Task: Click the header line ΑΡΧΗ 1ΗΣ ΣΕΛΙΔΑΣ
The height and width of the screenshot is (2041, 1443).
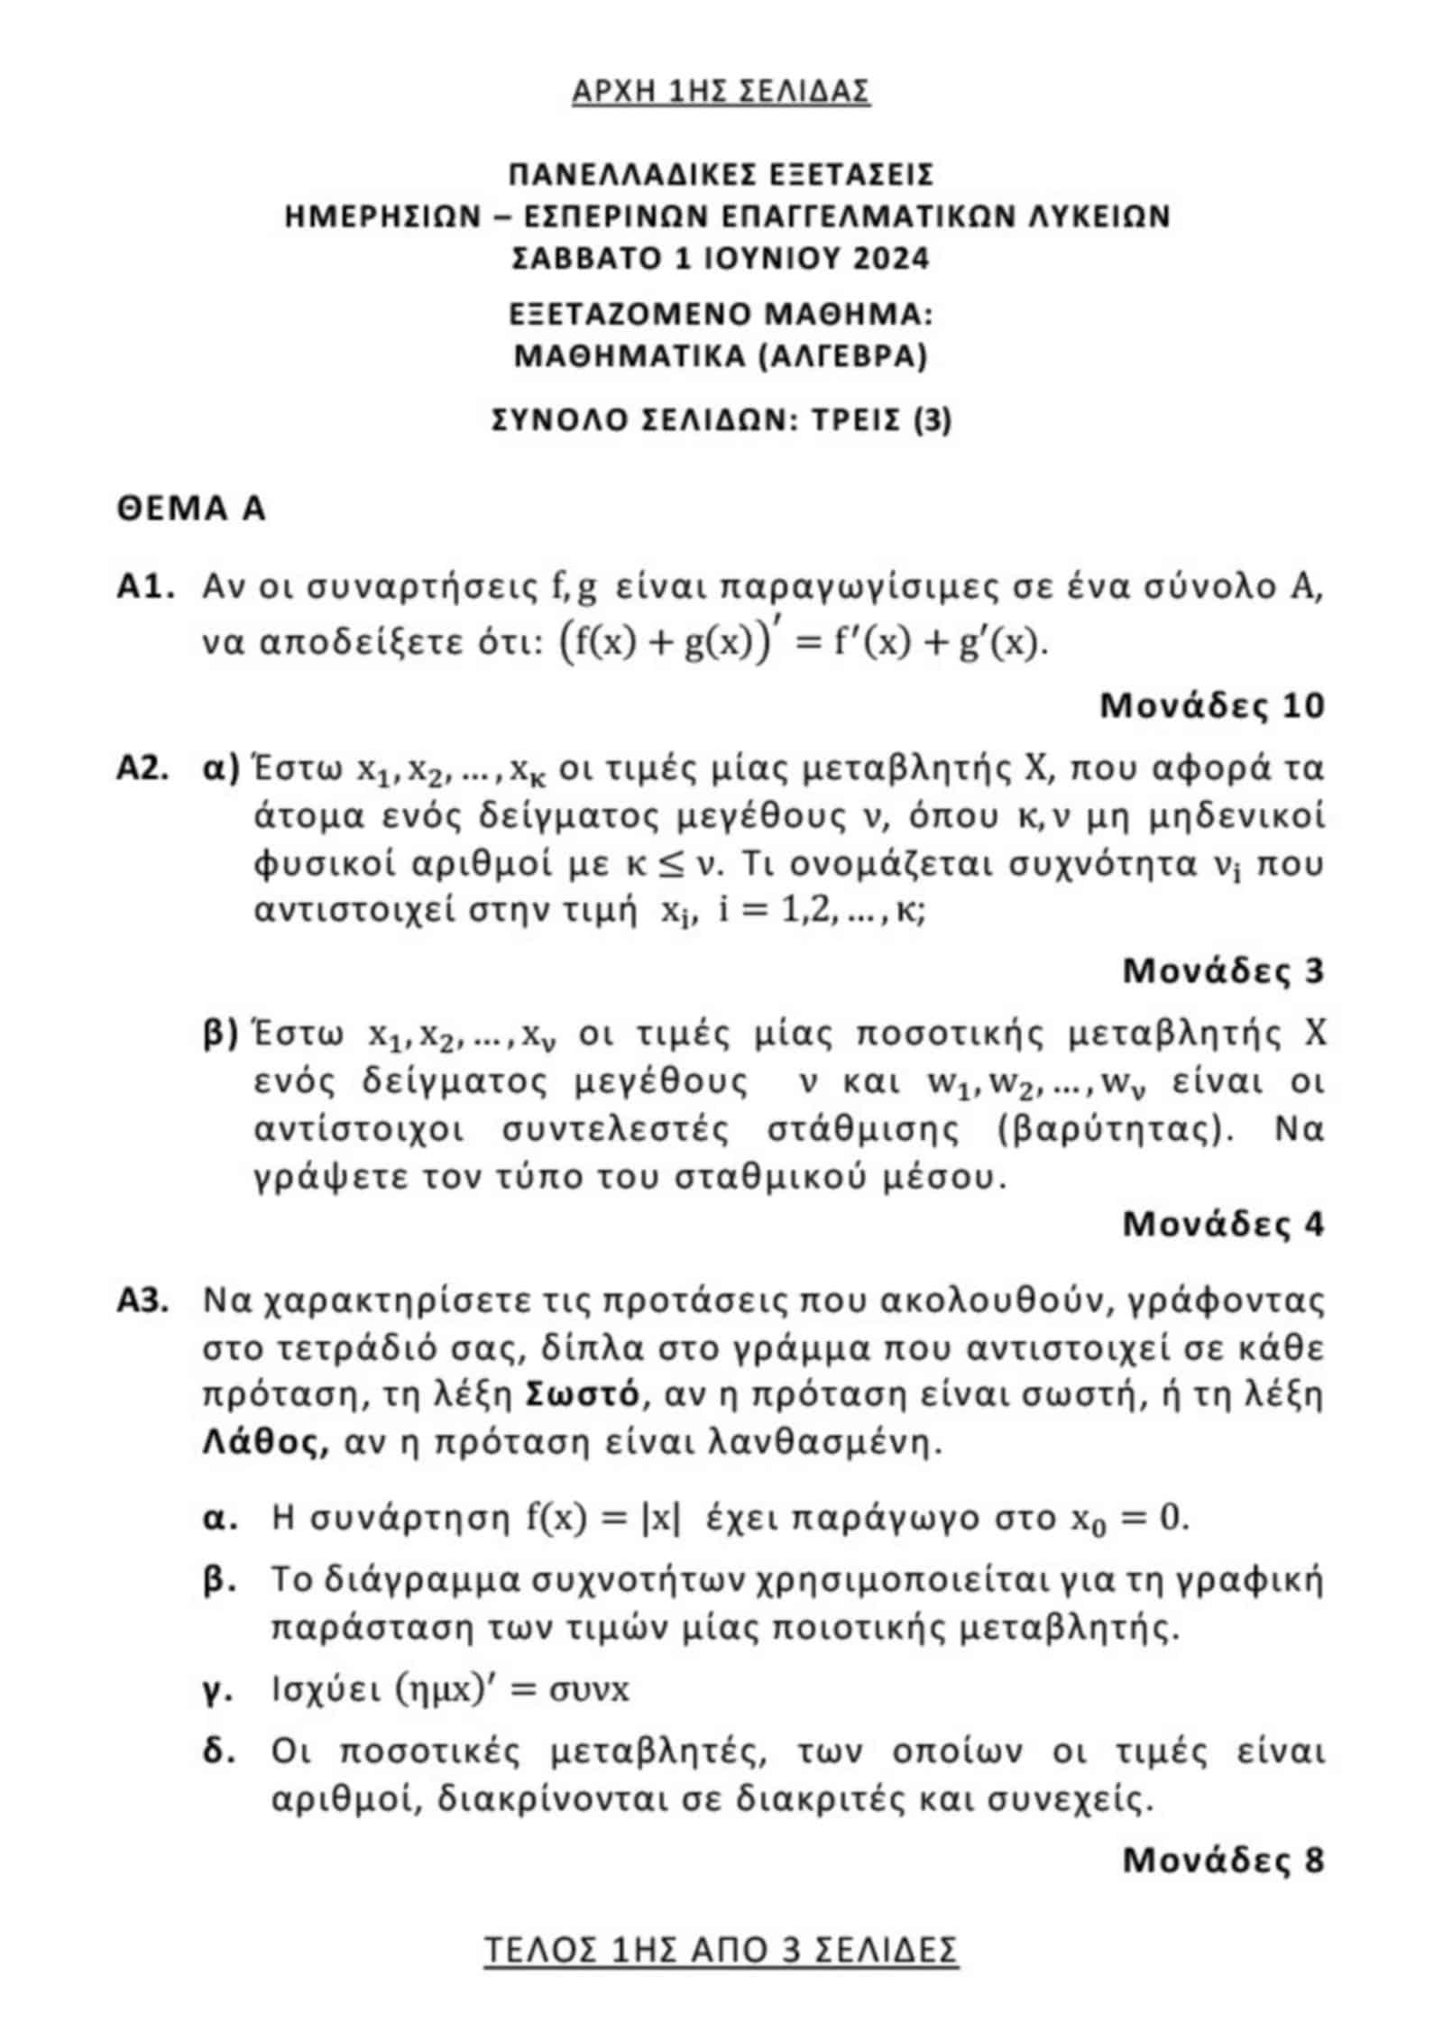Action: click(x=721, y=91)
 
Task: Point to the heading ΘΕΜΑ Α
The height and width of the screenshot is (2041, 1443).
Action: click(x=191, y=509)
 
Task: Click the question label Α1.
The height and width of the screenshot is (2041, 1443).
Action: click(x=145, y=588)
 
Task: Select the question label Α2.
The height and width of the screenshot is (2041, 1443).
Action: click(x=145, y=769)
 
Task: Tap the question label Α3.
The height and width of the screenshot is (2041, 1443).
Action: click(x=145, y=1301)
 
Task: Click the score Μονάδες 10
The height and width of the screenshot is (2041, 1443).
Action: click(x=1211, y=705)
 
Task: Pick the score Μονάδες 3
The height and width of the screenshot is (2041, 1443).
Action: click(x=1223, y=971)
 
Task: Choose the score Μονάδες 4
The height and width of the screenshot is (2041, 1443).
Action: click(x=1223, y=1225)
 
